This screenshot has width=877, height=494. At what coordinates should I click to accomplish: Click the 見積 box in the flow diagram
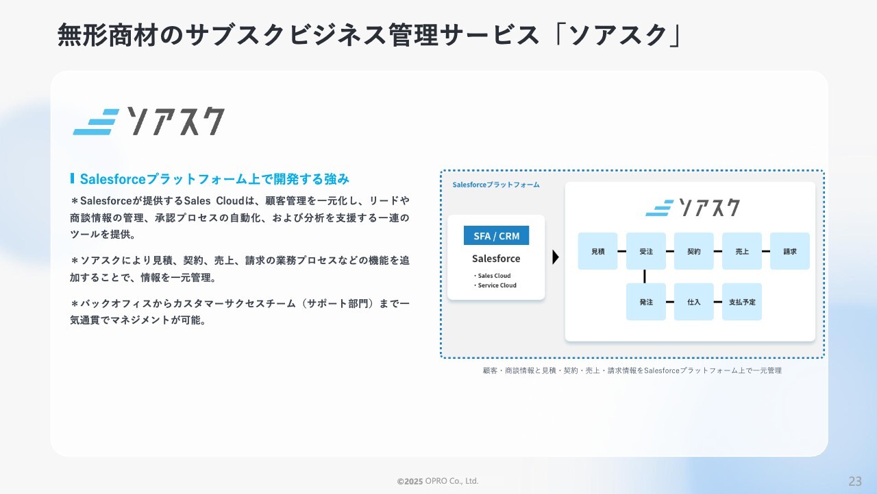coord(597,251)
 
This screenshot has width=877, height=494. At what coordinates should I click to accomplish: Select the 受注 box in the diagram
coord(645,251)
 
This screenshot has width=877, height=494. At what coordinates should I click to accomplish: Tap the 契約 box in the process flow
coord(693,251)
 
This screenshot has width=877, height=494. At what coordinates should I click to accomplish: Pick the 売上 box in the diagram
coord(741,251)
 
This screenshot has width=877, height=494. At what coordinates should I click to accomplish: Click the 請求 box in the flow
coord(790,251)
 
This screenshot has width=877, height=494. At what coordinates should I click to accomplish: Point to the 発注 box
coord(645,301)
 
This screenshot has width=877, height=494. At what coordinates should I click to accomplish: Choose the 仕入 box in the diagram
coord(693,301)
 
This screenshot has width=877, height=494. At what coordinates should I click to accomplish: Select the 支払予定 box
coord(741,301)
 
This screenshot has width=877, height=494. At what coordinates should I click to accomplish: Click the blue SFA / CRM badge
coord(496,235)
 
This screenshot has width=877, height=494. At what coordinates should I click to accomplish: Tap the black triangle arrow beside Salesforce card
coord(555,257)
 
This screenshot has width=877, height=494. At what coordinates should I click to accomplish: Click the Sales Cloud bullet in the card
coord(492,276)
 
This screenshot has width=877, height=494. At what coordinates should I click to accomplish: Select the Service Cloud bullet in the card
coord(495,285)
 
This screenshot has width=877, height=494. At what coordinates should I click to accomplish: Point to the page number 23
coord(855,481)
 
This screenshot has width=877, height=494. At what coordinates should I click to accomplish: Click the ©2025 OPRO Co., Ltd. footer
coord(438,481)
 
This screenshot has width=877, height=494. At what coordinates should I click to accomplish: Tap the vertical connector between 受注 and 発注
coord(645,277)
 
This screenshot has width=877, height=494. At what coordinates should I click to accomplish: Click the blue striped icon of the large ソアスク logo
coord(96,122)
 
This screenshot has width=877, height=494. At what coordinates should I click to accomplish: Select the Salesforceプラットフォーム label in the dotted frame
coord(495,185)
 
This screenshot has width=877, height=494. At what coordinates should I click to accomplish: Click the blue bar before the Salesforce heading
coord(72,178)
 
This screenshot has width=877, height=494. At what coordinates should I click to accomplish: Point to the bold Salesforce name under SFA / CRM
coord(496,259)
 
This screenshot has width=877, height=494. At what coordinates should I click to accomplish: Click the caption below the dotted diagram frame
coord(632,370)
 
